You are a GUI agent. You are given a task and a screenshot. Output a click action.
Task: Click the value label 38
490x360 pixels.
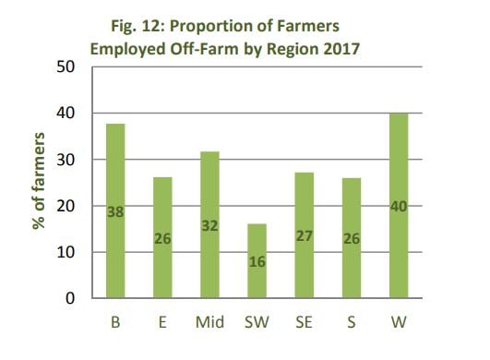114,211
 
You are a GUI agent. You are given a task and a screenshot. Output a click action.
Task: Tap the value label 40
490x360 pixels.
400,205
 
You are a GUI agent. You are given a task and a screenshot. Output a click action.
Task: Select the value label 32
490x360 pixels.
209,224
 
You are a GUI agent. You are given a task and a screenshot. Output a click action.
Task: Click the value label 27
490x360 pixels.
305,235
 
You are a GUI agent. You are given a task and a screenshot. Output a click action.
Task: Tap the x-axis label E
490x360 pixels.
162,323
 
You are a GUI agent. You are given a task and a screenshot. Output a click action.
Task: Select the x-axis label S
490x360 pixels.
353,323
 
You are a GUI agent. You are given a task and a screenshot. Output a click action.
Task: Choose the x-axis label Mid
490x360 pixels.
209,323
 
